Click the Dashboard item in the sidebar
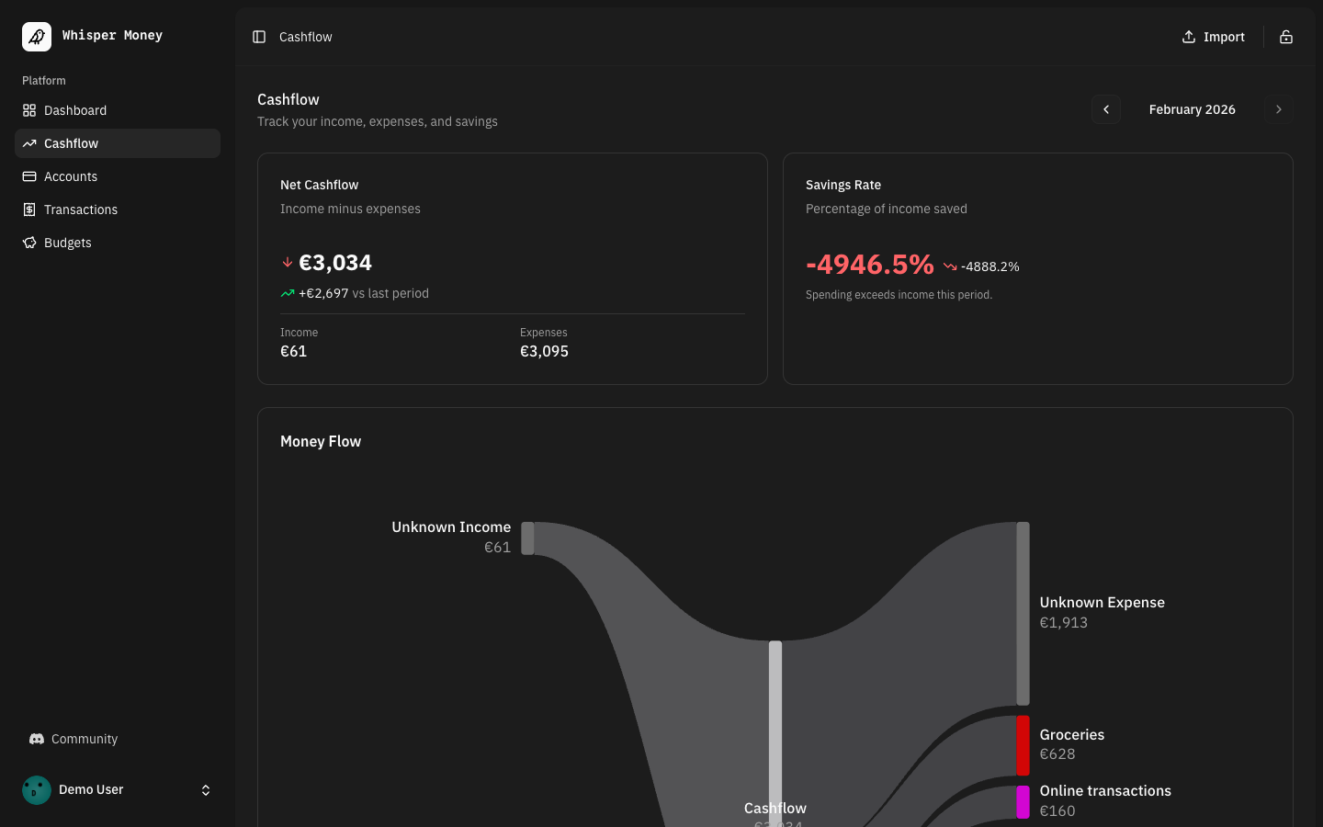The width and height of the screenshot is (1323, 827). (74, 110)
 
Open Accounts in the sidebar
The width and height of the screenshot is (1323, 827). (70, 176)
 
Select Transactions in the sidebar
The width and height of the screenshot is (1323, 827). (80, 210)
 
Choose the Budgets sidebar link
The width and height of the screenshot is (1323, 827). (67, 243)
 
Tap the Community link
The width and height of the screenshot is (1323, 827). (84, 739)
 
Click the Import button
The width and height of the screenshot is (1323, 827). (1213, 37)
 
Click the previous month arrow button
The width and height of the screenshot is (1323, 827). (1106, 109)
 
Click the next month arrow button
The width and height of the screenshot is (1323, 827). (1278, 109)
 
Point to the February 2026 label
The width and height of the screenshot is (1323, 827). (1192, 109)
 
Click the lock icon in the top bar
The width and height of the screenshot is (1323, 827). (1286, 37)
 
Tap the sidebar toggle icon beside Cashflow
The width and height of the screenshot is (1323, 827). (259, 37)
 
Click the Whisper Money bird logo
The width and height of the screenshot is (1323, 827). (37, 37)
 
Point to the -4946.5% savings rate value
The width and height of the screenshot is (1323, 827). (869, 265)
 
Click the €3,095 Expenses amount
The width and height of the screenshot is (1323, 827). (544, 351)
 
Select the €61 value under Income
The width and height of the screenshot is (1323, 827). (293, 351)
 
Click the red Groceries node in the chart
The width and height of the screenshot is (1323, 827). (1023, 745)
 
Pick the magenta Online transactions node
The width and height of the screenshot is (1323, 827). (1023, 801)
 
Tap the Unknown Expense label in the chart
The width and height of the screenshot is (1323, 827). (1102, 603)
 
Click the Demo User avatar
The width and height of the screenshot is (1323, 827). (37, 790)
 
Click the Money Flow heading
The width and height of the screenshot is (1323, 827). (321, 441)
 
